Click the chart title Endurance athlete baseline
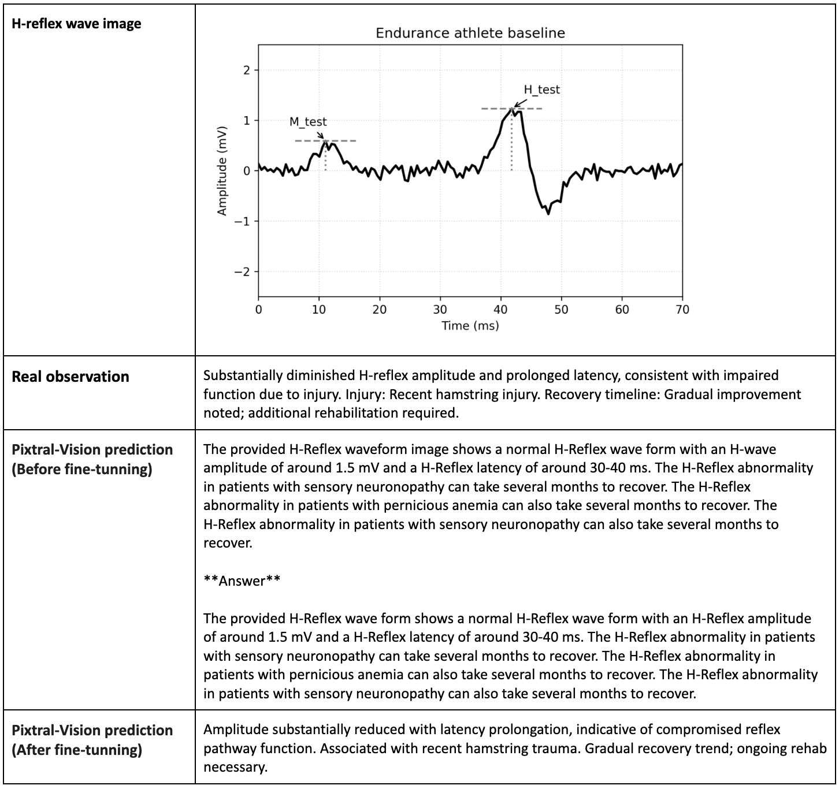point(470,33)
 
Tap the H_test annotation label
point(541,90)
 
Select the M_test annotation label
point(308,122)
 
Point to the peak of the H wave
point(512,108)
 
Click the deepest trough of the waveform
point(548,214)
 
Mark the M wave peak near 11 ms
point(325,141)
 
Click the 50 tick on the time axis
point(561,310)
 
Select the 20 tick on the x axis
point(380,310)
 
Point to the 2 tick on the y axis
point(247,70)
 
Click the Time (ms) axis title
point(470,326)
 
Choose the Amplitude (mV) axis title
point(222,171)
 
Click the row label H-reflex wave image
point(76,24)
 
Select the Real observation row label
point(70,377)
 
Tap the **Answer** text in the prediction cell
point(242,580)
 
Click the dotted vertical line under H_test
point(512,144)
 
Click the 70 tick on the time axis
point(682,310)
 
